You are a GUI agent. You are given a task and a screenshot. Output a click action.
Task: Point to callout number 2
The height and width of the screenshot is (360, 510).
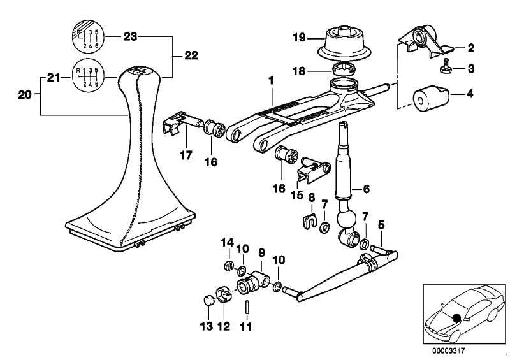pyautogui.click(x=470, y=48)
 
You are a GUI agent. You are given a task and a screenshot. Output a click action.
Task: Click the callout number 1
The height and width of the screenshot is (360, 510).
pyautogui.click(x=271, y=82)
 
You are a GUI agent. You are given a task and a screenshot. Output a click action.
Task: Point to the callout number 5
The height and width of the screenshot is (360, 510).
pyautogui.click(x=381, y=224)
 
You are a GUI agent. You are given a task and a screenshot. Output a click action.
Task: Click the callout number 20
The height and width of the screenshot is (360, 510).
pyautogui.click(x=24, y=95)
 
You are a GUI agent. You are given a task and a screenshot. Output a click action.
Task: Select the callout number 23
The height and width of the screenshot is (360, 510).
pyautogui.click(x=130, y=37)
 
